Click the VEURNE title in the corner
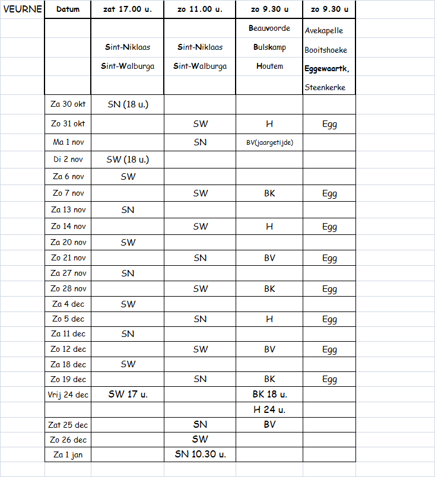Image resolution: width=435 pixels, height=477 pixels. [x=23, y=9]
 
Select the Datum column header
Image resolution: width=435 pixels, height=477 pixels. [x=68, y=9]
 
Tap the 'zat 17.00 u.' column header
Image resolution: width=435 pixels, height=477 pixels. [x=128, y=9]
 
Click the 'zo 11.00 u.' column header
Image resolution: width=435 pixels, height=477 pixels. [x=200, y=9]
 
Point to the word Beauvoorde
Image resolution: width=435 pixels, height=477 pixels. [x=269, y=28]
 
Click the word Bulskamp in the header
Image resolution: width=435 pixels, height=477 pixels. [x=269, y=47]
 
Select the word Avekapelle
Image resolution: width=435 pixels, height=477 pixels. [x=323, y=31]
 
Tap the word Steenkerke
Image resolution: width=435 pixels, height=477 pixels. [x=325, y=88]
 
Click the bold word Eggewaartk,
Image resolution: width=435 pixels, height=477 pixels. [x=327, y=69]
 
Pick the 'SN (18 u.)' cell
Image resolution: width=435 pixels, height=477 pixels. [x=128, y=105]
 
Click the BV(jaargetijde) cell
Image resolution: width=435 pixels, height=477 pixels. [x=269, y=143]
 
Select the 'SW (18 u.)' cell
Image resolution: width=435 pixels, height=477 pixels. [x=128, y=159]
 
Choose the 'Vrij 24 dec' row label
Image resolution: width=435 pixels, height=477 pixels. [x=68, y=395]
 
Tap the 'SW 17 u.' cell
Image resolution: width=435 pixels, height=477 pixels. [x=128, y=395]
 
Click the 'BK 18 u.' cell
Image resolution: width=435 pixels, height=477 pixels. [x=269, y=395]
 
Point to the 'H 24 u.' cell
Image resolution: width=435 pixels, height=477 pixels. [x=269, y=409]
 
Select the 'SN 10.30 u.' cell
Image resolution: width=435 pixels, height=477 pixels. [x=200, y=455]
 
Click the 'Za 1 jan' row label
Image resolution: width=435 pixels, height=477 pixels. [x=68, y=455]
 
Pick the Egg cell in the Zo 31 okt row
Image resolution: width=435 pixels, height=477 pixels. [x=329, y=125]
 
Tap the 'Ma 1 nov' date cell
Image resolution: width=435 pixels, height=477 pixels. [x=68, y=143]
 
